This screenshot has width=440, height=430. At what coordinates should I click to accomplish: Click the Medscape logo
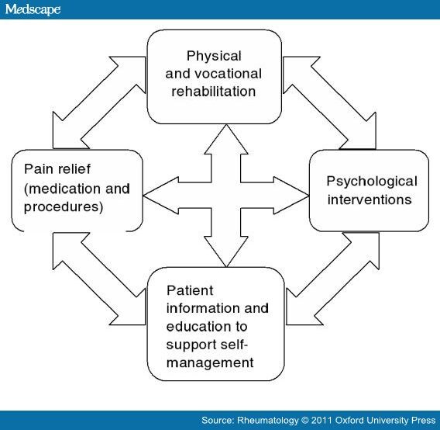(33, 9)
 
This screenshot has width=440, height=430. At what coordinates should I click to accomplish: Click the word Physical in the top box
(214, 56)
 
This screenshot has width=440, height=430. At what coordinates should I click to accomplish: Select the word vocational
(229, 74)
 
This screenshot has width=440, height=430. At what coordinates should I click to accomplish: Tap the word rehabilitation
(214, 92)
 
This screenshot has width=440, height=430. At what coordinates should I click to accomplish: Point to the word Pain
(38, 168)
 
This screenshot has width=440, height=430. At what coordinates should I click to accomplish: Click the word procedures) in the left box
(64, 206)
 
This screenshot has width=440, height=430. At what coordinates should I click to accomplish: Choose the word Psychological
(372, 182)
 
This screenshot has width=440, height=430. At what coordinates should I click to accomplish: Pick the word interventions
(370, 199)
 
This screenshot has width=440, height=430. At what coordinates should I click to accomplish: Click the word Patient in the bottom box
(190, 290)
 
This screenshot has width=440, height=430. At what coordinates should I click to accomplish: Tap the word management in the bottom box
(210, 362)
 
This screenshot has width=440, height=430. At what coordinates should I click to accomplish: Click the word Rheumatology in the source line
(268, 420)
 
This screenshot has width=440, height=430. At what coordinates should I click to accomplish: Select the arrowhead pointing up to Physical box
(226, 140)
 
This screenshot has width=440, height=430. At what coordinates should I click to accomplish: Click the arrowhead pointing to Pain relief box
(161, 196)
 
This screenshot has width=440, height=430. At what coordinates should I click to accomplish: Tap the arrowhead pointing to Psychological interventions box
(291, 196)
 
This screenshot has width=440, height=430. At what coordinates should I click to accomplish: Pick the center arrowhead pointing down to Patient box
(226, 251)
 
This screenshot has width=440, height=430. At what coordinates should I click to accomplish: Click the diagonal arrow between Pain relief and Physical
(99, 102)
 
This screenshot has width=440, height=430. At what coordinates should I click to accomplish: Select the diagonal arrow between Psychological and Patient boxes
(332, 279)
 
